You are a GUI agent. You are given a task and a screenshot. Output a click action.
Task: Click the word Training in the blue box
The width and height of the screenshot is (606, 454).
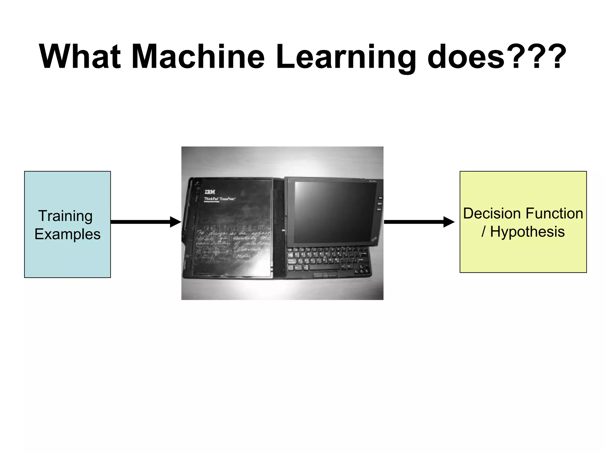(65, 216)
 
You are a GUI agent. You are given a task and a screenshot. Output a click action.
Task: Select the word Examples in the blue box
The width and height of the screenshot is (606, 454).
(67, 234)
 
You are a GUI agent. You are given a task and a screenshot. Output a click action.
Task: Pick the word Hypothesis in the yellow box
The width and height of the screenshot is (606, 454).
(527, 231)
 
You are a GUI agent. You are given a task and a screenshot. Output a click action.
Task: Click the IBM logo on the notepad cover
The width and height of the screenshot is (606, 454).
(210, 192)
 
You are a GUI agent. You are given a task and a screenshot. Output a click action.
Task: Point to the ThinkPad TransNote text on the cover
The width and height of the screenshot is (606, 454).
(220, 199)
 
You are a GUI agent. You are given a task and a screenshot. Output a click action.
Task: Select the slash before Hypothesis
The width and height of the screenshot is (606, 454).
(483, 231)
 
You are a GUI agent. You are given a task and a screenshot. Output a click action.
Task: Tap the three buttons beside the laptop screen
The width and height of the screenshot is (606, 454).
(379, 204)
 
